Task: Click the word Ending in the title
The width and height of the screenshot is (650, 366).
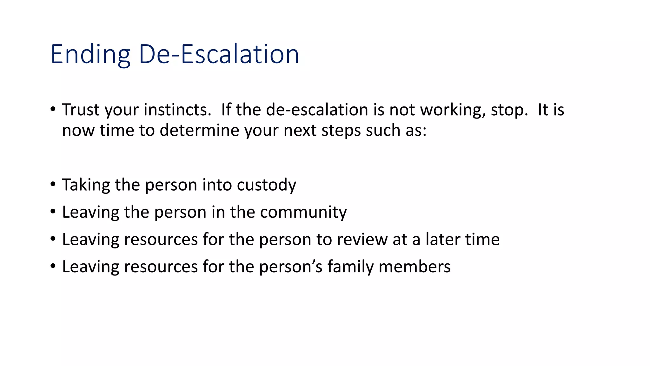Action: point(90,55)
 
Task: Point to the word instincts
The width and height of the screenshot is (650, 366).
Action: point(177,110)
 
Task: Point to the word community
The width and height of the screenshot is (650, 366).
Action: point(303,212)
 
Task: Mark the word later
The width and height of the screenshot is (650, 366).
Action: point(443,240)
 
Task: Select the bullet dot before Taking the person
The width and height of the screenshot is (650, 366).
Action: point(53,185)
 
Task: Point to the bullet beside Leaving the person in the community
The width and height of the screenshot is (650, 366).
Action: point(53,212)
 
